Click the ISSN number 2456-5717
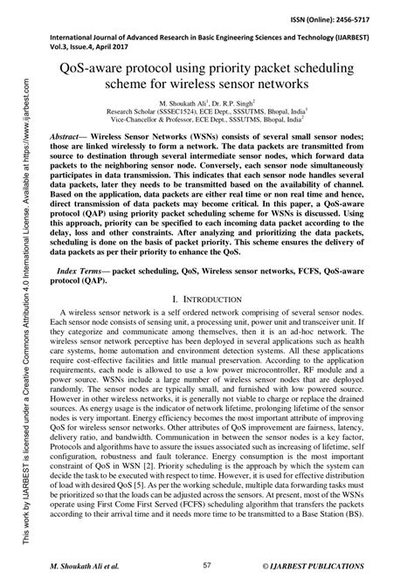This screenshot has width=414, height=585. pos(381,19)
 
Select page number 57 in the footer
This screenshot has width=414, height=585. pos(207,567)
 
